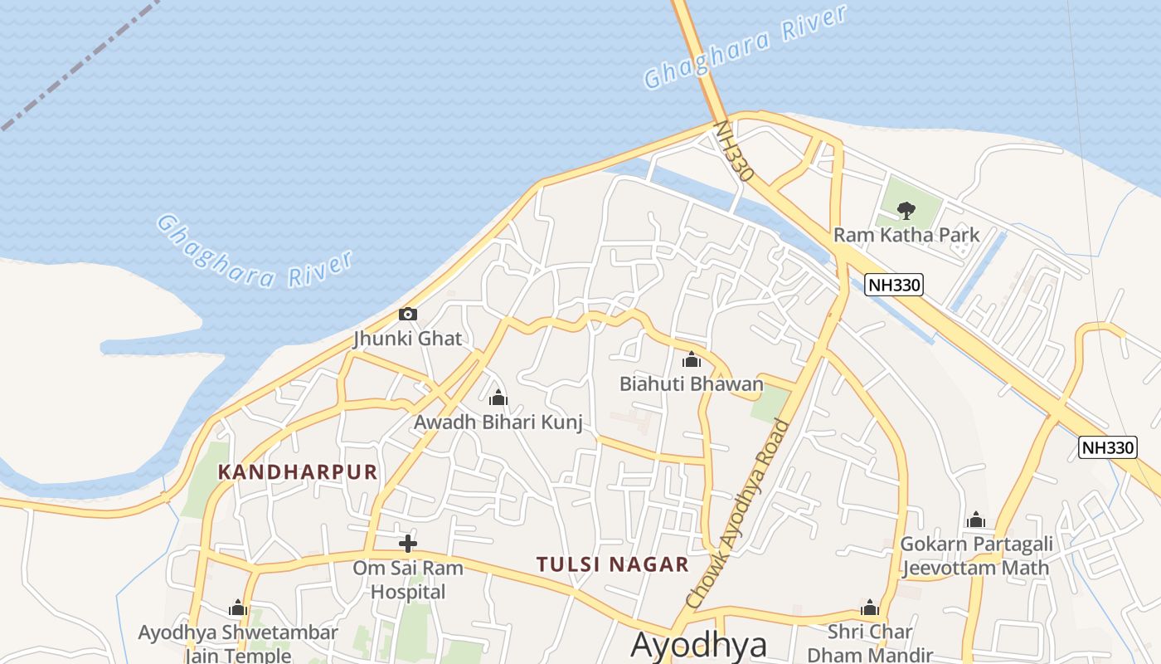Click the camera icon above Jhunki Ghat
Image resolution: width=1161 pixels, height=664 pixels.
(407, 314)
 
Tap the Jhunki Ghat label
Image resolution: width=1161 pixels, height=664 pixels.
(407, 339)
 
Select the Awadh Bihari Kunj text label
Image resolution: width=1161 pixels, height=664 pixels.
(498, 422)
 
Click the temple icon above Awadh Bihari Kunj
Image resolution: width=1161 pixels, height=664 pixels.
(498, 398)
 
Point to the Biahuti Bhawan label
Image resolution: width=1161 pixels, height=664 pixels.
(691, 383)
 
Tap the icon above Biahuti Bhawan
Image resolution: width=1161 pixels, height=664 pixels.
(691, 359)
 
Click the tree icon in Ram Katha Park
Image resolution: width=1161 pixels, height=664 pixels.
(906, 210)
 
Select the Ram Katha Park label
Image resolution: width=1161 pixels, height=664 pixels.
(906, 235)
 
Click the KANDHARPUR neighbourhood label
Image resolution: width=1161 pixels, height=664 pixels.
(298, 472)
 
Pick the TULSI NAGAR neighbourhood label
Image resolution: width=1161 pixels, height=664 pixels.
(612, 564)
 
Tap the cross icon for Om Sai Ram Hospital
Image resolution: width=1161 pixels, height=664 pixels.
(407, 544)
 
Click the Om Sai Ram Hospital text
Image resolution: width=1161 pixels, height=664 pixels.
(407, 579)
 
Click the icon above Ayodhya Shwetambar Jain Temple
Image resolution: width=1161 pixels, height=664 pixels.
(238, 608)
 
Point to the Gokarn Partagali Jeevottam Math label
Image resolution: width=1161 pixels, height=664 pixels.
(976, 556)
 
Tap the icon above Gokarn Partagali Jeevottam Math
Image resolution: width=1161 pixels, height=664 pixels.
(976, 520)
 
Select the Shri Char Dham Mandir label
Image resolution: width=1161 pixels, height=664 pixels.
(870, 642)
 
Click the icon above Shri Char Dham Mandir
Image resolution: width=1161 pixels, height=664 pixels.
(870, 608)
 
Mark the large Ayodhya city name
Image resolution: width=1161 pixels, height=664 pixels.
(698, 645)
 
